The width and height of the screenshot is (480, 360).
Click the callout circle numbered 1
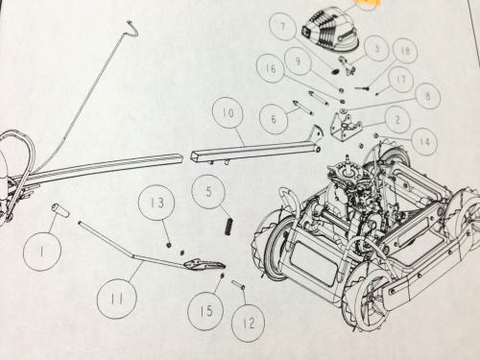pos(42,252)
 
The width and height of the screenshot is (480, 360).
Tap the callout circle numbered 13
pos(156,203)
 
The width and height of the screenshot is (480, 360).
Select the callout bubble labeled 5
pos(208,192)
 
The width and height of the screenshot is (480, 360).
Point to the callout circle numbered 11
pos(117,299)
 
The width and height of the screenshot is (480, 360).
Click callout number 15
pos(206,310)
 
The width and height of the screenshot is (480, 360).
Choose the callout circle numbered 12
pos(249,323)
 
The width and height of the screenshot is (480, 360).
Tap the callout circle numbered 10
pos(228,113)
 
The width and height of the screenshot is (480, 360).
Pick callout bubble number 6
pos(274,119)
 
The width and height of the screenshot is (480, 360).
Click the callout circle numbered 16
pos(271,68)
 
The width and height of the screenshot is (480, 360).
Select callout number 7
pos(282,26)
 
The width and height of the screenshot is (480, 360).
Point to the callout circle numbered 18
pos(404,51)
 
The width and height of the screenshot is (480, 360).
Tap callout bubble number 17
pos(401,80)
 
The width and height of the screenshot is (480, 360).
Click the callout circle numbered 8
pos(426,95)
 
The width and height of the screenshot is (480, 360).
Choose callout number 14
pos(424,141)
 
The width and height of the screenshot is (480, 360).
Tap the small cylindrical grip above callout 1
pos(60,211)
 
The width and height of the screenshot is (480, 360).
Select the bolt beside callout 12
pos(238,284)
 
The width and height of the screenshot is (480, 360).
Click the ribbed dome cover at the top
pos(330,30)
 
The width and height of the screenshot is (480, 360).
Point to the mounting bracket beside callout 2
pos(345,127)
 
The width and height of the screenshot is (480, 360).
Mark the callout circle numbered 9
pos(298,60)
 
